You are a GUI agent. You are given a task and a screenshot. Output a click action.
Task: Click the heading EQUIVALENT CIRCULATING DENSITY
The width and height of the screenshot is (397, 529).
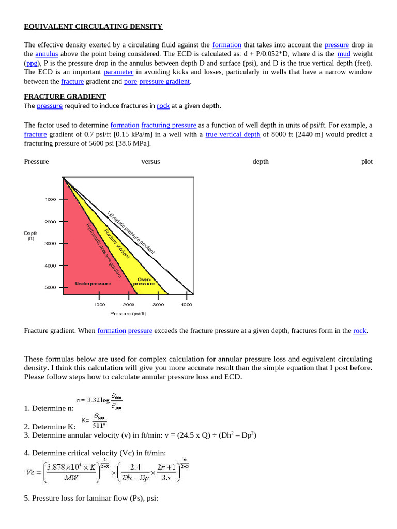tap(93, 26)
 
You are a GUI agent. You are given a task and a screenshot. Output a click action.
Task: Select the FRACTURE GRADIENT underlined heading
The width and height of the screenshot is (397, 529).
tap(65, 97)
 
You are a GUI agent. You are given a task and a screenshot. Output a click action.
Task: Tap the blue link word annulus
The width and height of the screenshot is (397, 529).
tap(47, 54)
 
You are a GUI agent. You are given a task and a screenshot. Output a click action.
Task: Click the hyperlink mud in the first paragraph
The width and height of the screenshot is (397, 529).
tap(344, 54)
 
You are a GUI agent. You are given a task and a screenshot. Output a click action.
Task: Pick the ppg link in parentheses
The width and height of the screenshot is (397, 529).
tap(32, 63)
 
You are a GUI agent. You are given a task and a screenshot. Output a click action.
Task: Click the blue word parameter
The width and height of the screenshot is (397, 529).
tap(118, 72)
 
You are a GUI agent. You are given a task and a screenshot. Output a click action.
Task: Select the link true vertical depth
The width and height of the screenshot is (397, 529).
tap(233, 134)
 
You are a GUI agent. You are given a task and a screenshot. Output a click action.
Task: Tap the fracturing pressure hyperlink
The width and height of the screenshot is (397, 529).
tap(169, 125)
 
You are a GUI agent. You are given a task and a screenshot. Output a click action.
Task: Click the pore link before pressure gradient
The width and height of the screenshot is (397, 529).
tap(130, 81)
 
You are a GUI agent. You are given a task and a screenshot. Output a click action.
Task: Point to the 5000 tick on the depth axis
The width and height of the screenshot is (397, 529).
tap(50, 287)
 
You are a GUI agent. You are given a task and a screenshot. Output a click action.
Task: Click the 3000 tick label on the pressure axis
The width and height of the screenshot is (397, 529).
tap(158, 305)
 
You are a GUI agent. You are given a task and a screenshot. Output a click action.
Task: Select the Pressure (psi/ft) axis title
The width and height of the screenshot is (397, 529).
tap(128, 313)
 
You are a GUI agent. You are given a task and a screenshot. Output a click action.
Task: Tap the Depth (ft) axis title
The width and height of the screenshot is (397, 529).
tap(31, 236)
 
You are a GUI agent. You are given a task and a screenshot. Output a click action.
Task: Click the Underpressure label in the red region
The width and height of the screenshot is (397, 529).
tap(93, 284)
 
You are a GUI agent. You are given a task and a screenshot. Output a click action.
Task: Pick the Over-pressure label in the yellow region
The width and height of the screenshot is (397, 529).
tap(144, 282)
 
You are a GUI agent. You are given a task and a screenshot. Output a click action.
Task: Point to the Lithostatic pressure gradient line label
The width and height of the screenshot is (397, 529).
tap(131, 232)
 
